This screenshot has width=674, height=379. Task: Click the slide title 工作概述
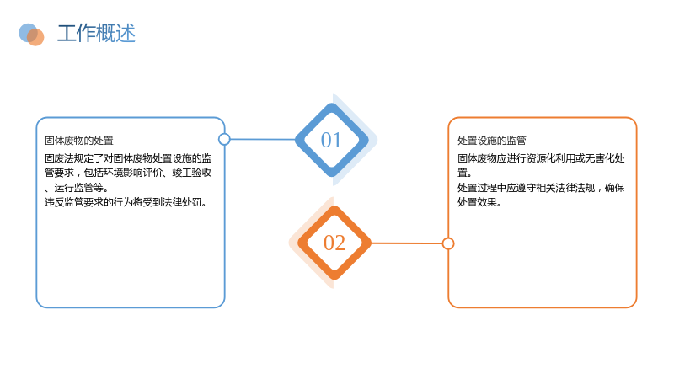coord(96,34)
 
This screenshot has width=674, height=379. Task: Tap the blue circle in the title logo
coord(28,33)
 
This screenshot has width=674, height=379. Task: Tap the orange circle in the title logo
coord(35,37)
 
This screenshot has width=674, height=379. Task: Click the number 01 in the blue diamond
coord(331,140)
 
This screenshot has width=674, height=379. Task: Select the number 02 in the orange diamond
coord(334,243)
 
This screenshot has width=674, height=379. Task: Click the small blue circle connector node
coord(224,139)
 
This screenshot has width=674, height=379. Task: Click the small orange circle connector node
coord(448,243)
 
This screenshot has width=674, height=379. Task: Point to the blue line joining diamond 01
coord(263,139)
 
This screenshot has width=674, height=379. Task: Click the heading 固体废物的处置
coord(79,141)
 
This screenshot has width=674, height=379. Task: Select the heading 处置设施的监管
coord(492,141)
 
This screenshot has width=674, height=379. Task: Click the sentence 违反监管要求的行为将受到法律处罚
coord(123,202)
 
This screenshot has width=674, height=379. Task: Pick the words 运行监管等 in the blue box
coord(78,188)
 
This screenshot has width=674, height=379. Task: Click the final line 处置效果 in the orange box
coord(477,202)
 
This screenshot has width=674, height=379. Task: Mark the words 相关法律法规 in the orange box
coord(565,188)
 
